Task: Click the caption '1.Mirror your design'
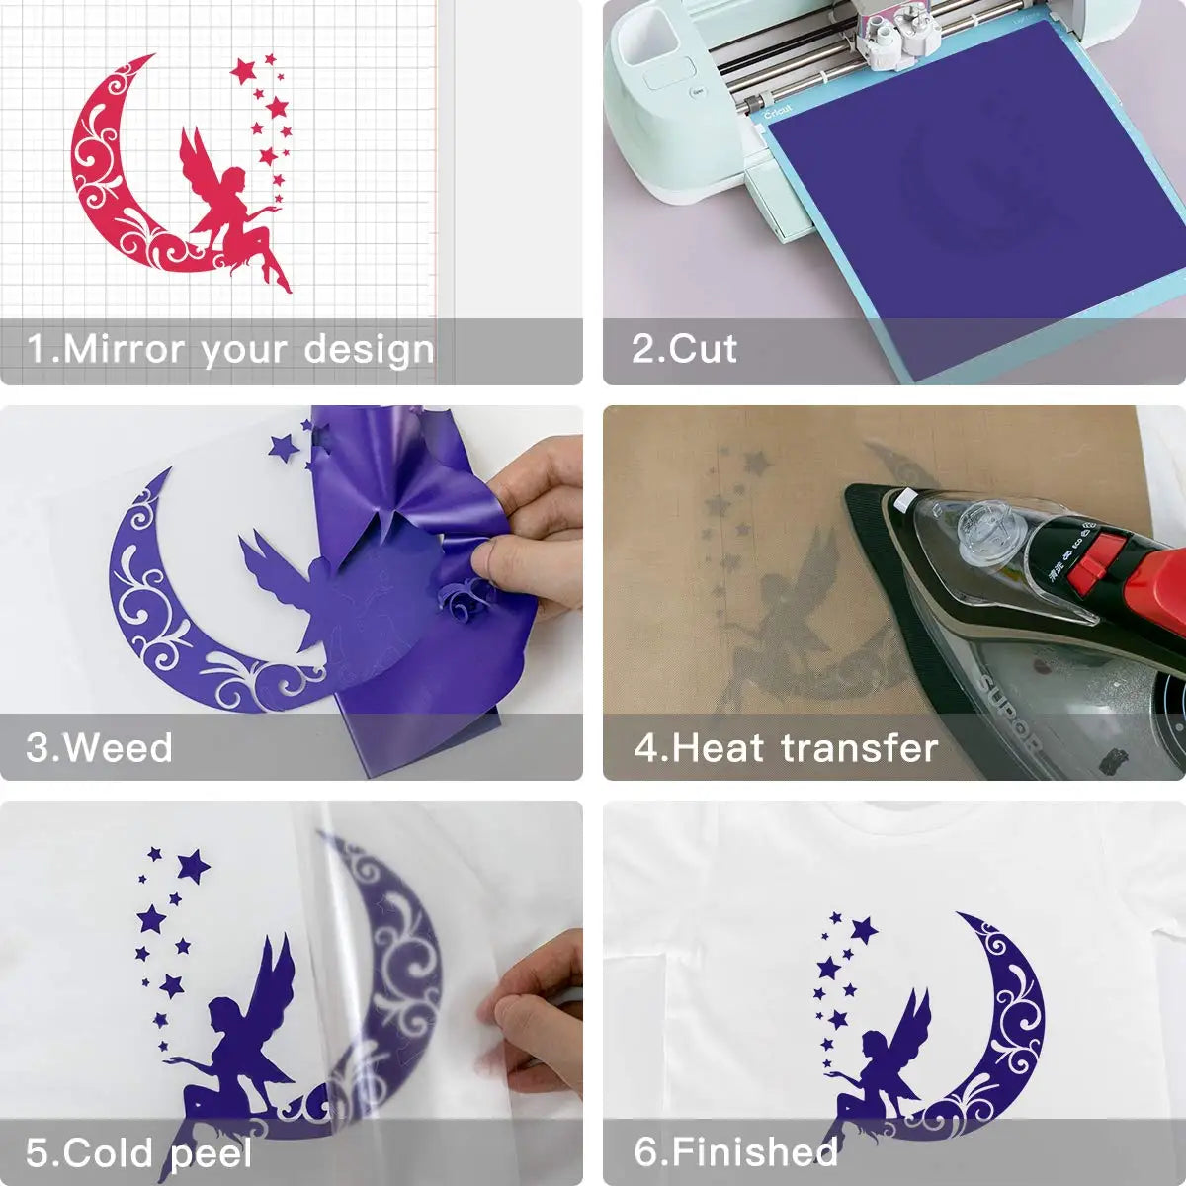tap(229, 350)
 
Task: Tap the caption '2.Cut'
tap(684, 350)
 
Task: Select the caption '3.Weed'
tap(99, 748)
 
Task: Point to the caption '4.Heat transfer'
tap(786, 748)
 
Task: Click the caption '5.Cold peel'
tap(138, 1153)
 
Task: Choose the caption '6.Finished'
tap(736, 1152)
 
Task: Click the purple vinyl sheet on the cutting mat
tap(978, 198)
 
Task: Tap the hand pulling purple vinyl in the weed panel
tap(534, 524)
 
